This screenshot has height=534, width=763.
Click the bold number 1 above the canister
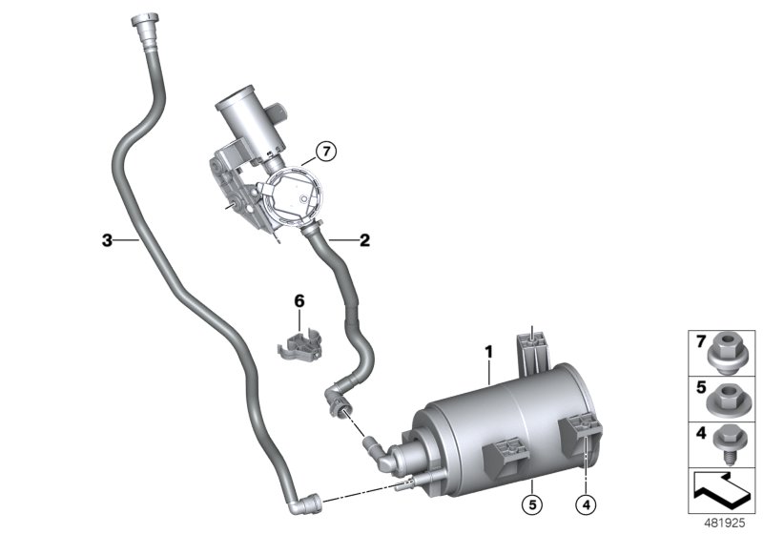pyautogui.click(x=488, y=352)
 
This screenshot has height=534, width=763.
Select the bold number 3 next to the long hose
pyautogui.click(x=107, y=240)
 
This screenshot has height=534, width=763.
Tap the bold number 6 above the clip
pyautogui.click(x=299, y=300)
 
